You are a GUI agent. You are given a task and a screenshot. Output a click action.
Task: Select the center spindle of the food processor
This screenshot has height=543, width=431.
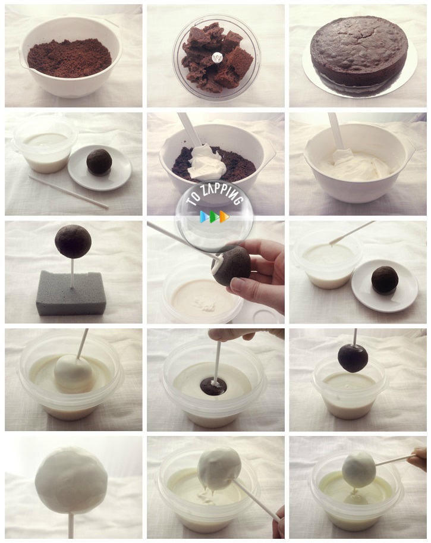217,57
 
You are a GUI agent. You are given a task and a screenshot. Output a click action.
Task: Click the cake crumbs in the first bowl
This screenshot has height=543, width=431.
70,58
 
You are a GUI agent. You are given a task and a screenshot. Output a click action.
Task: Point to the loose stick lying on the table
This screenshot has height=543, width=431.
68,192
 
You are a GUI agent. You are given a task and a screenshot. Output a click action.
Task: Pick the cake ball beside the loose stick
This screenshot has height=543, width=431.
99,162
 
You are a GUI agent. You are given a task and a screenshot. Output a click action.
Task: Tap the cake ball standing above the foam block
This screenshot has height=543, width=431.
73,241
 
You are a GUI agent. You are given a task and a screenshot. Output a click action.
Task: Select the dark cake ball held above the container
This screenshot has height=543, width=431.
353,358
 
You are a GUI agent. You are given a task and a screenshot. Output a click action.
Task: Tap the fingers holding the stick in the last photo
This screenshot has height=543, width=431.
418,459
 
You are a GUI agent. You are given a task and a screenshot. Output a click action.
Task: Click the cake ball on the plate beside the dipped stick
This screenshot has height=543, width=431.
385,280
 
